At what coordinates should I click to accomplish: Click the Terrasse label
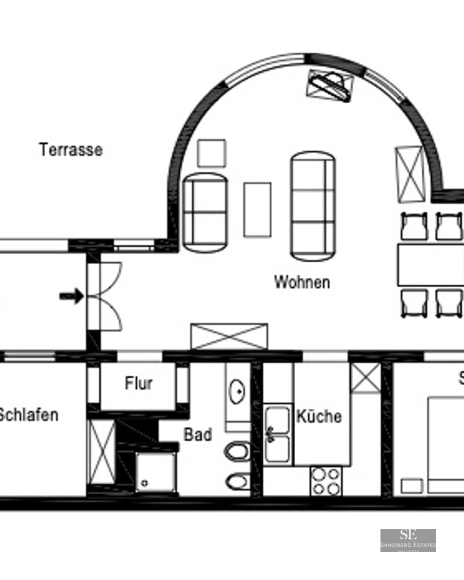(x=71, y=150)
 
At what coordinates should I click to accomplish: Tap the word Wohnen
(x=302, y=282)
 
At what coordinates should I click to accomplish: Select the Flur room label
(x=139, y=383)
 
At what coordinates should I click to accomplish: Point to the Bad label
(x=198, y=434)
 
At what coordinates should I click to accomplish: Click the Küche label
(x=319, y=416)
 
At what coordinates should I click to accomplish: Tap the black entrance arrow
(x=71, y=296)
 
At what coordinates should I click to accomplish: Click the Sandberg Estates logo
(x=408, y=540)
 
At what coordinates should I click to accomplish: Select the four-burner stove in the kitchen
(x=325, y=481)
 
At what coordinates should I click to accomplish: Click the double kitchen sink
(x=277, y=434)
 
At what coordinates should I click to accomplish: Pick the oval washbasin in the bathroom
(x=237, y=392)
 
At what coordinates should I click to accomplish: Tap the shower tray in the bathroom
(x=154, y=472)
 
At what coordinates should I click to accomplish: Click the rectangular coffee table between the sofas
(x=257, y=209)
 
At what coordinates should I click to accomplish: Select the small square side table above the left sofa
(x=211, y=153)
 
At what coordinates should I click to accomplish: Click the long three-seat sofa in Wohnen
(x=313, y=205)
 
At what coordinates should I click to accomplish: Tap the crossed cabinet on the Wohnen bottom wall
(x=229, y=336)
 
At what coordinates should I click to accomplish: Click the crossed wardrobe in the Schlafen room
(x=101, y=452)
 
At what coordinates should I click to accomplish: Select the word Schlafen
(x=29, y=415)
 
